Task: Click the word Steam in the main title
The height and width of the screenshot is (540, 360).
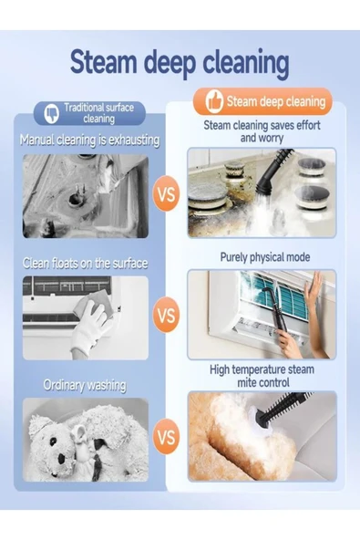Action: coord(104,62)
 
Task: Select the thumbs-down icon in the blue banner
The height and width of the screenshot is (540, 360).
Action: coord(52,113)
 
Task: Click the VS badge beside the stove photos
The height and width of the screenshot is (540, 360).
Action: coord(166,194)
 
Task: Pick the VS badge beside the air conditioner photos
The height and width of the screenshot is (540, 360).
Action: coord(166,315)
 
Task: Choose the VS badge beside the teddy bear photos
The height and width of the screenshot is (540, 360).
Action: coord(166,437)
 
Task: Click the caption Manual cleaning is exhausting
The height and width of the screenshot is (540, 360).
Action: coord(89,140)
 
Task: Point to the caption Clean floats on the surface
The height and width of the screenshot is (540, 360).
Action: coord(85,264)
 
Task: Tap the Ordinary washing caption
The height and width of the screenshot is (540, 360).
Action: coord(85,385)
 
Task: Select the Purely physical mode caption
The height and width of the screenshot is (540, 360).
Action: coord(265,257)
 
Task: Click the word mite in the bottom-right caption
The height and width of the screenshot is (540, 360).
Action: coord(246,382)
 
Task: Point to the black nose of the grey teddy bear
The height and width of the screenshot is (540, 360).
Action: coord(61,458)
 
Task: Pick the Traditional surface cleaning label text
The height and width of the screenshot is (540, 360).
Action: coord(98,113)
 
